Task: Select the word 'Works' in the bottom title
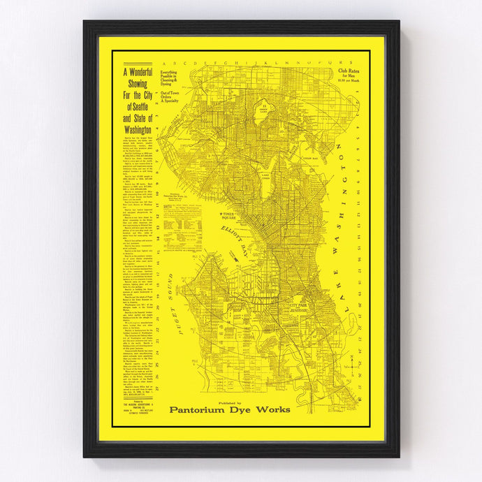pyautogui.click(x=274, y=409)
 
